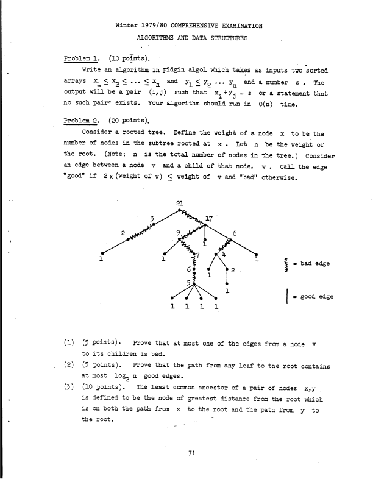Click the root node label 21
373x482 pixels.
(x=179, y=203)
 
